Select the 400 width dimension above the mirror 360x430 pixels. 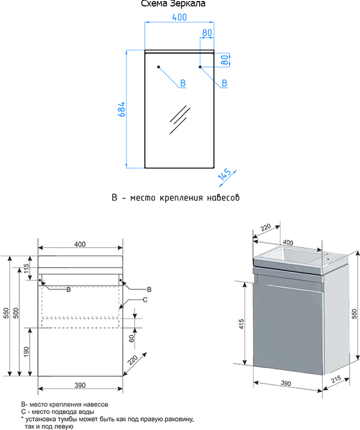179,17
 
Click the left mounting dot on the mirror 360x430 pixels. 159,67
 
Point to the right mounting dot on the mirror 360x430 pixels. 200,67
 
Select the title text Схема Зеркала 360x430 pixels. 173,4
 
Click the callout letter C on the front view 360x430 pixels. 145,299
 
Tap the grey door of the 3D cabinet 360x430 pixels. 288,328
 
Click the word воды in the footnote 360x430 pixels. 85,412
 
